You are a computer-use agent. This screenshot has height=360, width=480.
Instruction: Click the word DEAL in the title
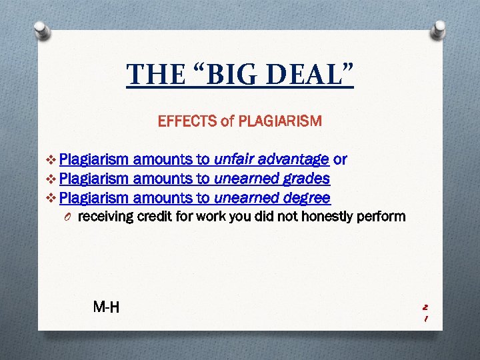[303, 74]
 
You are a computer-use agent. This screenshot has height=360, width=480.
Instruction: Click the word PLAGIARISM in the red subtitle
[280, 121]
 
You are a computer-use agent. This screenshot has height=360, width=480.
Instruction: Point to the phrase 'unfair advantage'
[271, 160]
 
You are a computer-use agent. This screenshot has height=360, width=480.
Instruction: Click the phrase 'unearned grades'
[272, 179]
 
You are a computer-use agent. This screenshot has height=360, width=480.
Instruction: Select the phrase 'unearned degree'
[272, 198]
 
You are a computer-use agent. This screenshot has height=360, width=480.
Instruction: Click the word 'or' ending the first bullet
[339, 160]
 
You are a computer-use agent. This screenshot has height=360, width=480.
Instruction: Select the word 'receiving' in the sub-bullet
[105, 217]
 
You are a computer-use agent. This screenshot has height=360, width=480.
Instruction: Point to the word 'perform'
[383, 217]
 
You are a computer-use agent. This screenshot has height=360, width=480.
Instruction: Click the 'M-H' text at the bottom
[107, 307]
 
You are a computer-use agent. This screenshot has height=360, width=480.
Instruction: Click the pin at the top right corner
[439, 27]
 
